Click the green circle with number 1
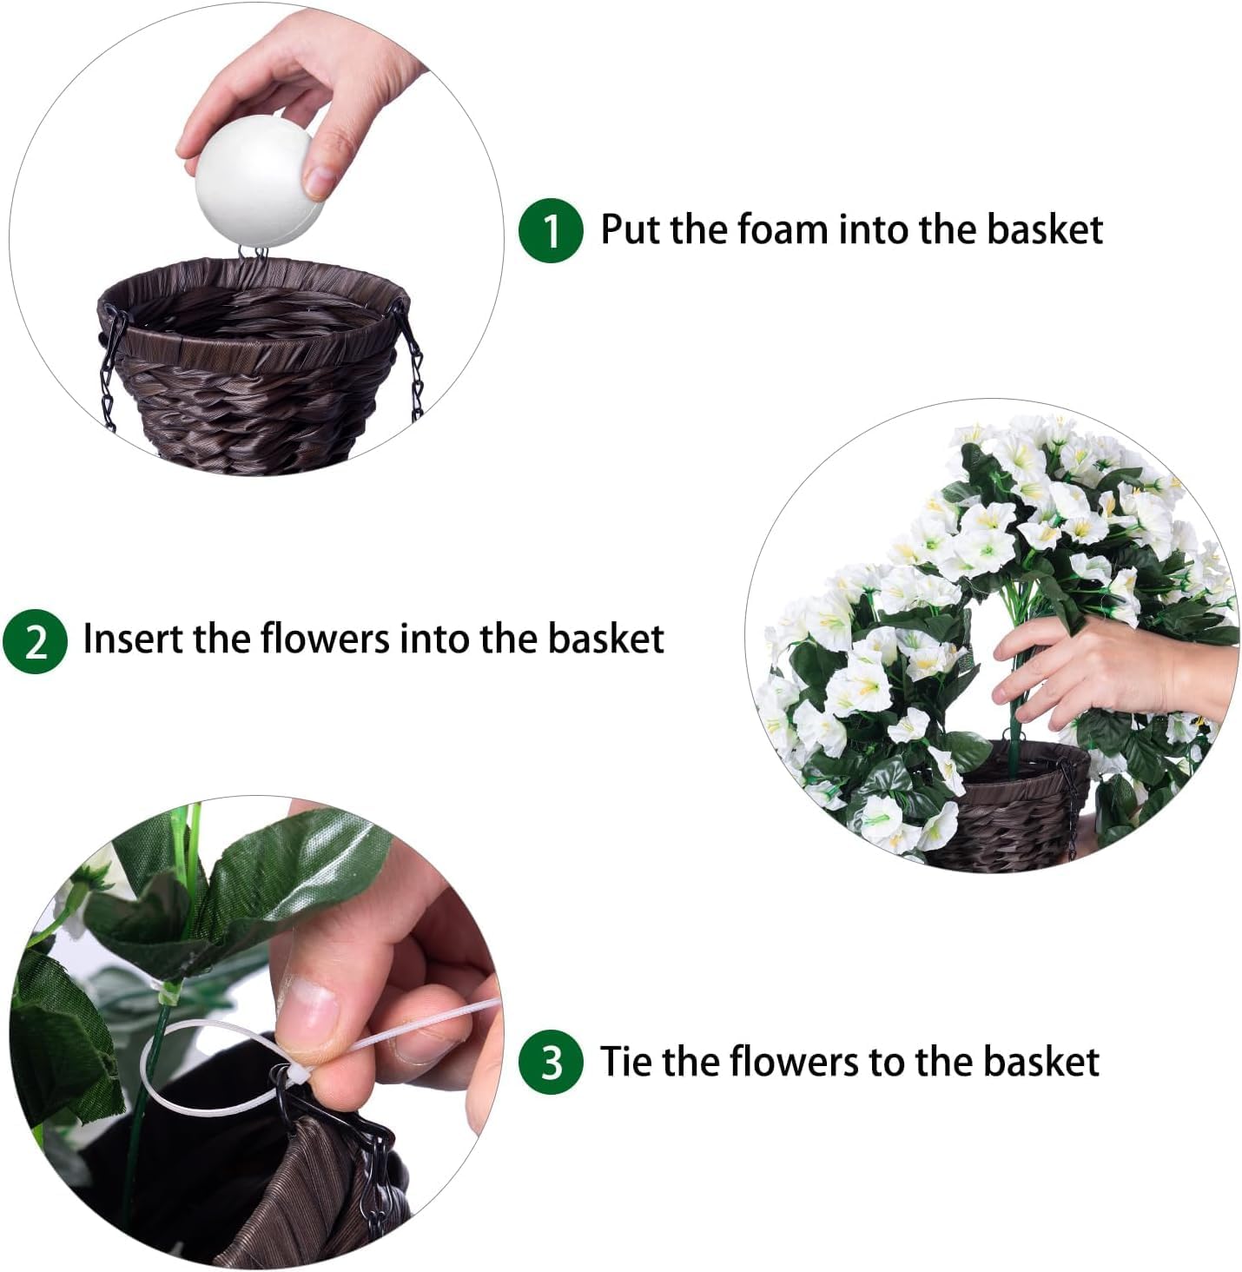[x=550, y=230]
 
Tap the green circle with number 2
[x=35, y=641]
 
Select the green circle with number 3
[x=550, y=1062]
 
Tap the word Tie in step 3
[x=629, y=1062]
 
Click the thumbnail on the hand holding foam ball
[x=320, y=178]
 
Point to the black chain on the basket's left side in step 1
[x=109, y=374]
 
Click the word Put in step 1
[x=631, y=230]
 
